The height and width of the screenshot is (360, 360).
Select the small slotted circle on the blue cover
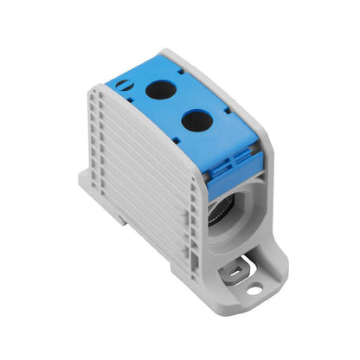click(x=127, y=85)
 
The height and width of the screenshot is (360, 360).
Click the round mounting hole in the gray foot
click(x=254, y=289)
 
